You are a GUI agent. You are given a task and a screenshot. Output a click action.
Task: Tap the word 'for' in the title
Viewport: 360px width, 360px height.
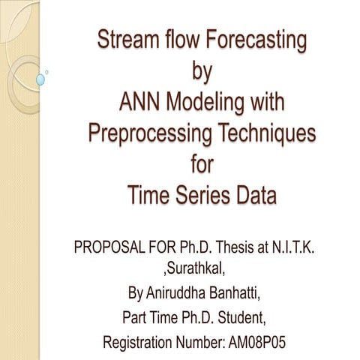[202, 164]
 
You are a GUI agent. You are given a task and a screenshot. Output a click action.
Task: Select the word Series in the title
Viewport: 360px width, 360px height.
[202, 196]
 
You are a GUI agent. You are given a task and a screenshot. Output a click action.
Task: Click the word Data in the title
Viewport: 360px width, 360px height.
[256, 196]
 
